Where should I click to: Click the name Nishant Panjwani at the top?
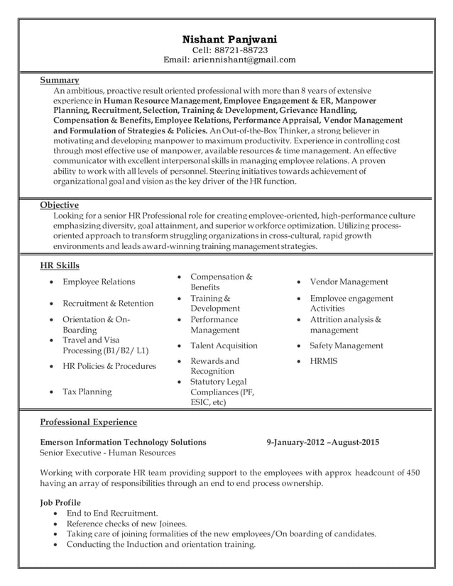[229, 38]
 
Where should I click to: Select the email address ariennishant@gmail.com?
[244, 60]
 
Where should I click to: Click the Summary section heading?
[59, 80]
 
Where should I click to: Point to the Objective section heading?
[59, 205]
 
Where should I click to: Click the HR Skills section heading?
[60, 265]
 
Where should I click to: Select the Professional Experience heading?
[88, 422]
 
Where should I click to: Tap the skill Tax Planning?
[87, 392]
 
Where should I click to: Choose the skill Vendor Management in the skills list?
[349, 282]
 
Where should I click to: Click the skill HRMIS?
[324, 361]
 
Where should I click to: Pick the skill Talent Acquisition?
[224, 345]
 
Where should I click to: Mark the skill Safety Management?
[346, 345]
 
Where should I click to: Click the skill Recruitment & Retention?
[108, 303]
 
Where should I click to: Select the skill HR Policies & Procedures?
[109, 366]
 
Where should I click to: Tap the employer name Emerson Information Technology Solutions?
[123, 442]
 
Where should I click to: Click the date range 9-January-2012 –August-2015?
[322, 442]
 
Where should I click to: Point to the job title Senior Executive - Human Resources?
[107, 453]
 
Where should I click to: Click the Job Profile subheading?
[60, 502]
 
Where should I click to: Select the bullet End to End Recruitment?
[112, 513]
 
